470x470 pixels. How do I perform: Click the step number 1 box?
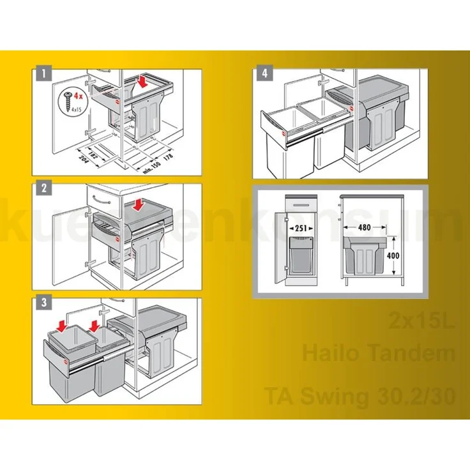(x=43, y=73)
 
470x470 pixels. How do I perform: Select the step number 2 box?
(x=43, y=188)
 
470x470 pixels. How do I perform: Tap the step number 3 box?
(x=43, y=303)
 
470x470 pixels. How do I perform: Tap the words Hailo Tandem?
(x=379, y=353)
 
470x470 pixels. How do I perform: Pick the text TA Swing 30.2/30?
(x=360, y=396)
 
